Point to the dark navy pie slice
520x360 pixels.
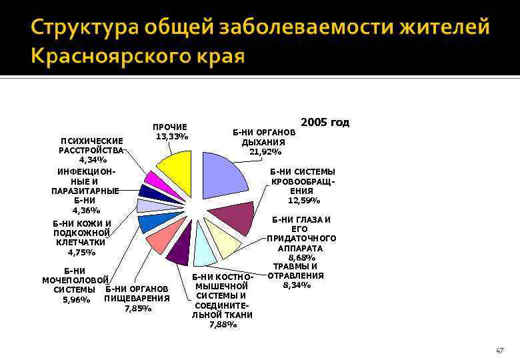click(x=149, y=192)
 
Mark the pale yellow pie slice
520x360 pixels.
click(x=223, y=238)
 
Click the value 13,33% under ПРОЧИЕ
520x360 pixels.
click(x=171, y=137)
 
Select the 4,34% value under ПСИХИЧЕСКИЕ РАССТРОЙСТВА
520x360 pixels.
click(x=92, y=160)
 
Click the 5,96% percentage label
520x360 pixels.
click(x=76, y=300)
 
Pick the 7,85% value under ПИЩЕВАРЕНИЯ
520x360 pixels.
click(x=138, y=308)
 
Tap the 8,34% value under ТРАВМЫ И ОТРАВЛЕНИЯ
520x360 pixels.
click(x=297, y=285)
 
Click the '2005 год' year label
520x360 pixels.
click(x=325, y=123)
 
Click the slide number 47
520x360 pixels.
click(x=499, y=351)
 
